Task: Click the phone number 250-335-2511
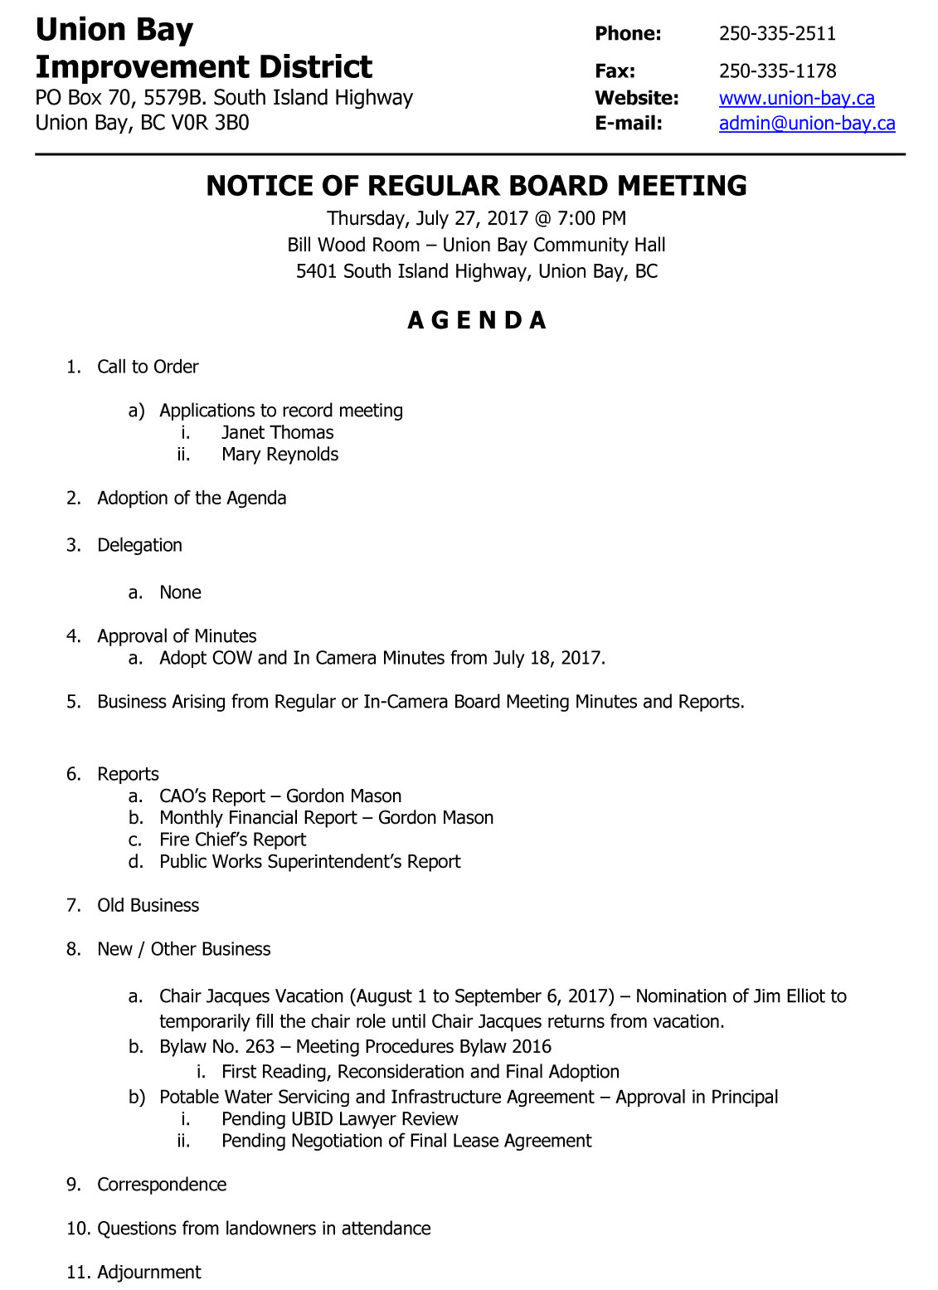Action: [777, 34]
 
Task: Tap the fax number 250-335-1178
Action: [777, 71]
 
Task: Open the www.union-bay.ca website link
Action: [796, 98]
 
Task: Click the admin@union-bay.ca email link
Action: [807, 124]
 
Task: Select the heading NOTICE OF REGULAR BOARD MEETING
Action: [476, 186]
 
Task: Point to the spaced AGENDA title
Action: [477, 320]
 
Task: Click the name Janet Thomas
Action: [277, 432]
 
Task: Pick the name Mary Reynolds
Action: [279, 455]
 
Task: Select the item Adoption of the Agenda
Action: [192, 498]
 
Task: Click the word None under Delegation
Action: [180, 592]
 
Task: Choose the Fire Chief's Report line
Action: [232, 840]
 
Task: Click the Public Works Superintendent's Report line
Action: [309, 861]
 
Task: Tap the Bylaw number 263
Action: [260, 1047]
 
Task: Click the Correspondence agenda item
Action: [162, 1185]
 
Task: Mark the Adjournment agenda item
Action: [149, 1273]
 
